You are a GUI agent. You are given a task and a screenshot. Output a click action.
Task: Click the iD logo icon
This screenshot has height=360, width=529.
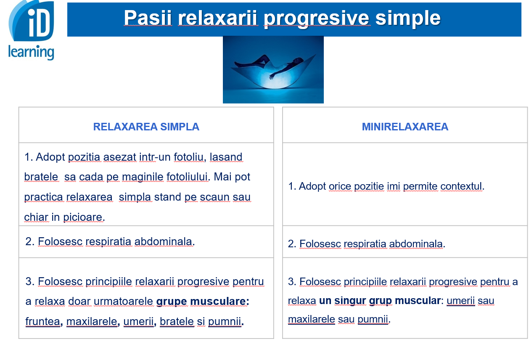(31, 21)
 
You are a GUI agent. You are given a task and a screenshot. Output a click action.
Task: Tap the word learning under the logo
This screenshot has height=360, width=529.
(31, 52)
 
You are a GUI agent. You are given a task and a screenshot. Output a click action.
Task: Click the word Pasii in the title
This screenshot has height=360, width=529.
(148, 18)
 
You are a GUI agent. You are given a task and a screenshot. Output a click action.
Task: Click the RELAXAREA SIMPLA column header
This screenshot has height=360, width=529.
(146, 127)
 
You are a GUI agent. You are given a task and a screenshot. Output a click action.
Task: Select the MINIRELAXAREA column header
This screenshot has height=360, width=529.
(405, 127)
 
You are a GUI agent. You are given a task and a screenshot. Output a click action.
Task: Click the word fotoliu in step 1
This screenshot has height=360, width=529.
(188, 157)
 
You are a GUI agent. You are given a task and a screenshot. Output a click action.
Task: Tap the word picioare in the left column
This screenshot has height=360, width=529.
(83, 217)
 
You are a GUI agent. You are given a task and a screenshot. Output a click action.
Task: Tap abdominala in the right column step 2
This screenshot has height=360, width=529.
(415, 244)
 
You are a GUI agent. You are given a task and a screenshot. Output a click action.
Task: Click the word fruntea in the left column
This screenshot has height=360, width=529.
(42, 321)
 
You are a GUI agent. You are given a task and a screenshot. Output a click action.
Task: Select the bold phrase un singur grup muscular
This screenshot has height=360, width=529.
(380, 301)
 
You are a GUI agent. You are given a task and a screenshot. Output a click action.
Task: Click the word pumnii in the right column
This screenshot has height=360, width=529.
(373, 319)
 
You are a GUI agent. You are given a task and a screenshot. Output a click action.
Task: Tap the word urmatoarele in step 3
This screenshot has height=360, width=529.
(123, 302)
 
